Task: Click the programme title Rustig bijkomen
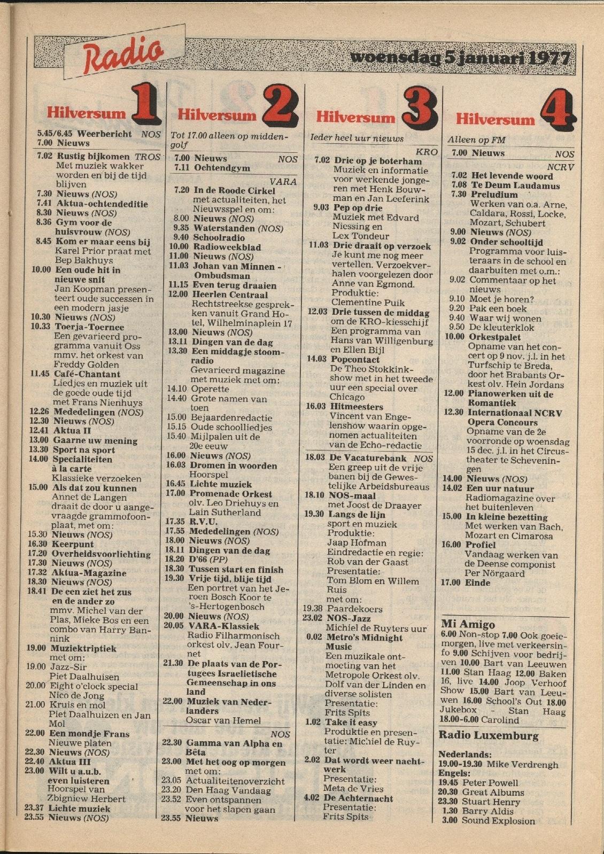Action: coord(93,157)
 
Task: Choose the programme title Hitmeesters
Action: coord(357,407)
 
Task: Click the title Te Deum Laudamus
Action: coord(515,185)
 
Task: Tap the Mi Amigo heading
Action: coord(468,624)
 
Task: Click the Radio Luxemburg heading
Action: coord(488,735)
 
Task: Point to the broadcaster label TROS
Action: coord(148,157)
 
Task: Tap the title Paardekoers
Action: coord(354,609)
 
